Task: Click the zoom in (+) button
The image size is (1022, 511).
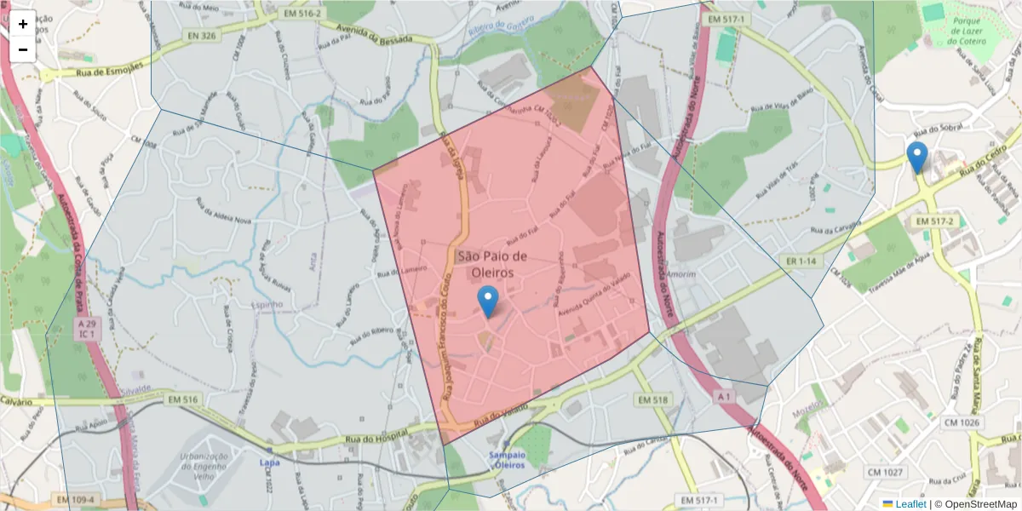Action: point(23,24)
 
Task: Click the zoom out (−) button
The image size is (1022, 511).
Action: point(23,49)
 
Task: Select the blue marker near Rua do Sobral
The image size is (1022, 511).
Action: point(916,158)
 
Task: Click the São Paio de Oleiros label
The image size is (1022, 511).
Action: point(493,264)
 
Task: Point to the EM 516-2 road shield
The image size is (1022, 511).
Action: point(302,14)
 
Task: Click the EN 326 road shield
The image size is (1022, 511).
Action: point(198,36)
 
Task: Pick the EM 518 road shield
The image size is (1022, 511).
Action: point(653,399)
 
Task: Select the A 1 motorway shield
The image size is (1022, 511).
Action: point(724,396)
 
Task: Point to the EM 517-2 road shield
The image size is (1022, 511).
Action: point(933,221)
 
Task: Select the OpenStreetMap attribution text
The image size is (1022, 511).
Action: point(975,504)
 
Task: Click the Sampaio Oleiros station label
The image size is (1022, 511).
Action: point(507,460)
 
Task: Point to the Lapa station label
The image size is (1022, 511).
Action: point(269,462)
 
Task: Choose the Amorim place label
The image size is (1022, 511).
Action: point(681,274)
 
